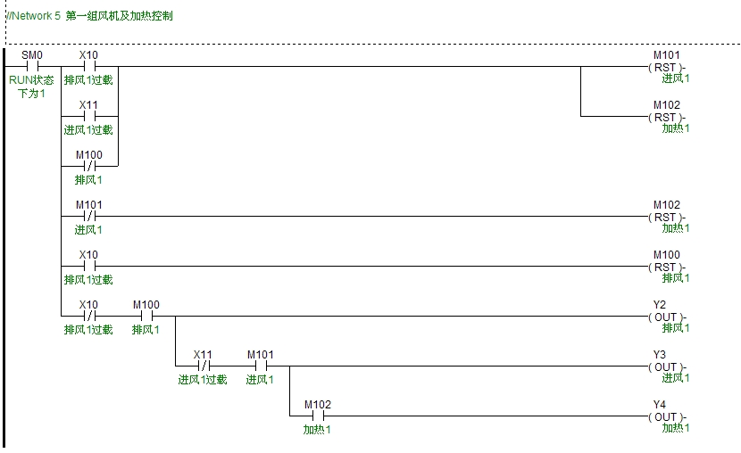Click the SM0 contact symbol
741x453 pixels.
click(x=32, y=67)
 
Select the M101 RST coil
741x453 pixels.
click(x=666, y=68)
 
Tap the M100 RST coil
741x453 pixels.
click(x=666, y=268)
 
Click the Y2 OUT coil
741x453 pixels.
click(x=666, y=317)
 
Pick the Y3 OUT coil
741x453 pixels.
click(x=666, y=367)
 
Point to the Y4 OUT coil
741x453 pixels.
click(x=666, y=416)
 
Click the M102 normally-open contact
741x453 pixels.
click(x=318, y=416)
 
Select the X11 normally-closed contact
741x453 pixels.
click(x=204, y=367)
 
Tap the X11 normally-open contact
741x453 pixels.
click(x=89, y=116)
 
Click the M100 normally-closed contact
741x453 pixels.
click(x=89, y=166)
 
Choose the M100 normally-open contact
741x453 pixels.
click(x=146, y=317)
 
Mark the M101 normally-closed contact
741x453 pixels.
click(x=89, y=216)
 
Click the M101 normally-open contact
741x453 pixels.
click(x=261, y=367)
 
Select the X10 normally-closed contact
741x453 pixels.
click(x=89, y=317)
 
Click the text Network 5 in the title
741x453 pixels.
click(x=37, y=16)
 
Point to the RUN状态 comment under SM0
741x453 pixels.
click(x=31, y=80)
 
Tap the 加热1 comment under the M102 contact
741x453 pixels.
click(x=317, y=430)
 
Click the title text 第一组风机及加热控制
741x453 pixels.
click(x=119, y=16)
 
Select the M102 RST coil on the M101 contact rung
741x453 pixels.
click(x=666, y=217)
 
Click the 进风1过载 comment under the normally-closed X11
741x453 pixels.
click(x=203, y=379)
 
